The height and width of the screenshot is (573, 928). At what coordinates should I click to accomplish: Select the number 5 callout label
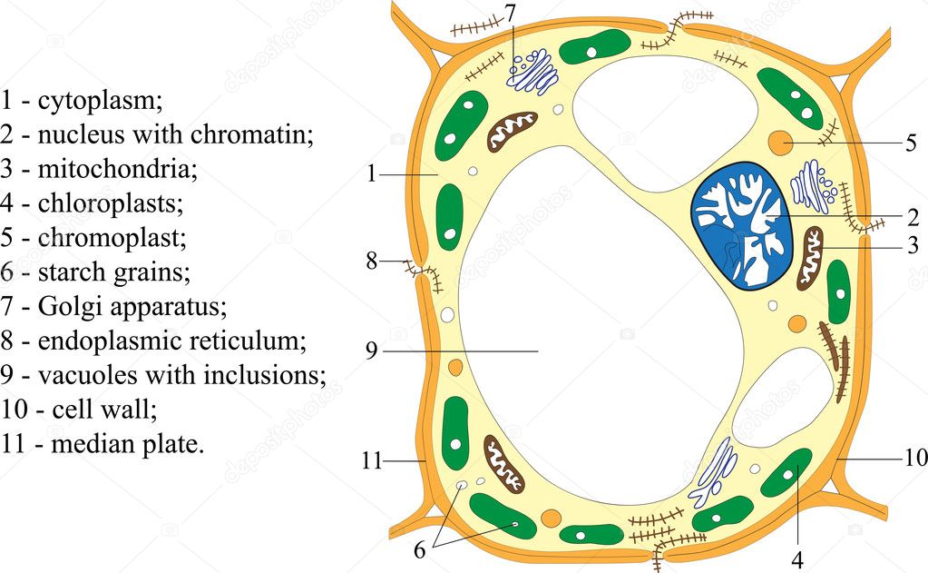pos(912,143)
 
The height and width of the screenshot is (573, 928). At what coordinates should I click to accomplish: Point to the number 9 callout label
pos(371,351)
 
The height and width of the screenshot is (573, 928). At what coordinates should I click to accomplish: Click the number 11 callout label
pos(372,460)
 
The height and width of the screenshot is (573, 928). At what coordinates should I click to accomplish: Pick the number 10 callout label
pos(915,458)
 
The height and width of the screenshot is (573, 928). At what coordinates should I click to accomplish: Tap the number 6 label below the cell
pos(420,550)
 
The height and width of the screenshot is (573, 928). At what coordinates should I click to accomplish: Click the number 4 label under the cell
pos(797,559)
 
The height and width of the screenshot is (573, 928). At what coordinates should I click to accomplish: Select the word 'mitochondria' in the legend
pos(117,169)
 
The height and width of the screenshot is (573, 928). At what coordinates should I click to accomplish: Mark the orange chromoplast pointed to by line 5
pos(781,143)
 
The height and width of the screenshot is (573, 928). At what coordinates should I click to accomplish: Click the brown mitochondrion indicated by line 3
pos(810,259)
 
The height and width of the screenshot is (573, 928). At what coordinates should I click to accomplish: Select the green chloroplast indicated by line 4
pos(786,473)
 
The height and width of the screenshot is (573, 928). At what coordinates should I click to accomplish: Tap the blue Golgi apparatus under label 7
pos(532,72)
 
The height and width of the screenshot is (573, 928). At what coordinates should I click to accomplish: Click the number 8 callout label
pos(372,261)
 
